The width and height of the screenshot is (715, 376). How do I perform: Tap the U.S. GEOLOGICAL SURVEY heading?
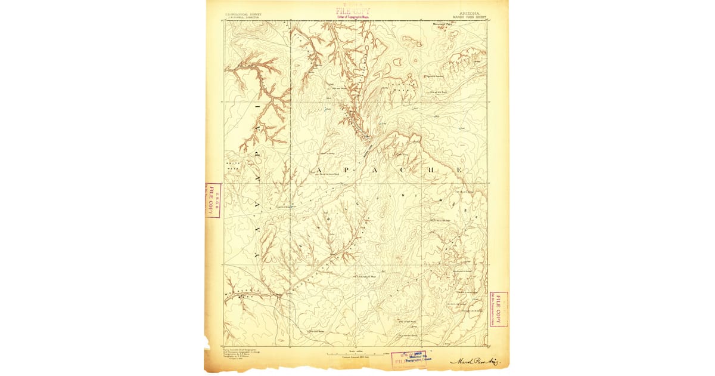pyautogui.click(x=243, y=14)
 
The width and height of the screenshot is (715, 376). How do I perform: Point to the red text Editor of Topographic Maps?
pyautogui.click(x=353, y=17)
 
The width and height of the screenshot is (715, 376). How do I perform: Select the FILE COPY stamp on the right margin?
pyautogui.click(x=498, y=309)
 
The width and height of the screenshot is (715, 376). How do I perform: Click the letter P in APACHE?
pyautogui.click(x=347, y=171)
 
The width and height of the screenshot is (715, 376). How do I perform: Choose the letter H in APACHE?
pyautogui.click(x=432, y=171)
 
